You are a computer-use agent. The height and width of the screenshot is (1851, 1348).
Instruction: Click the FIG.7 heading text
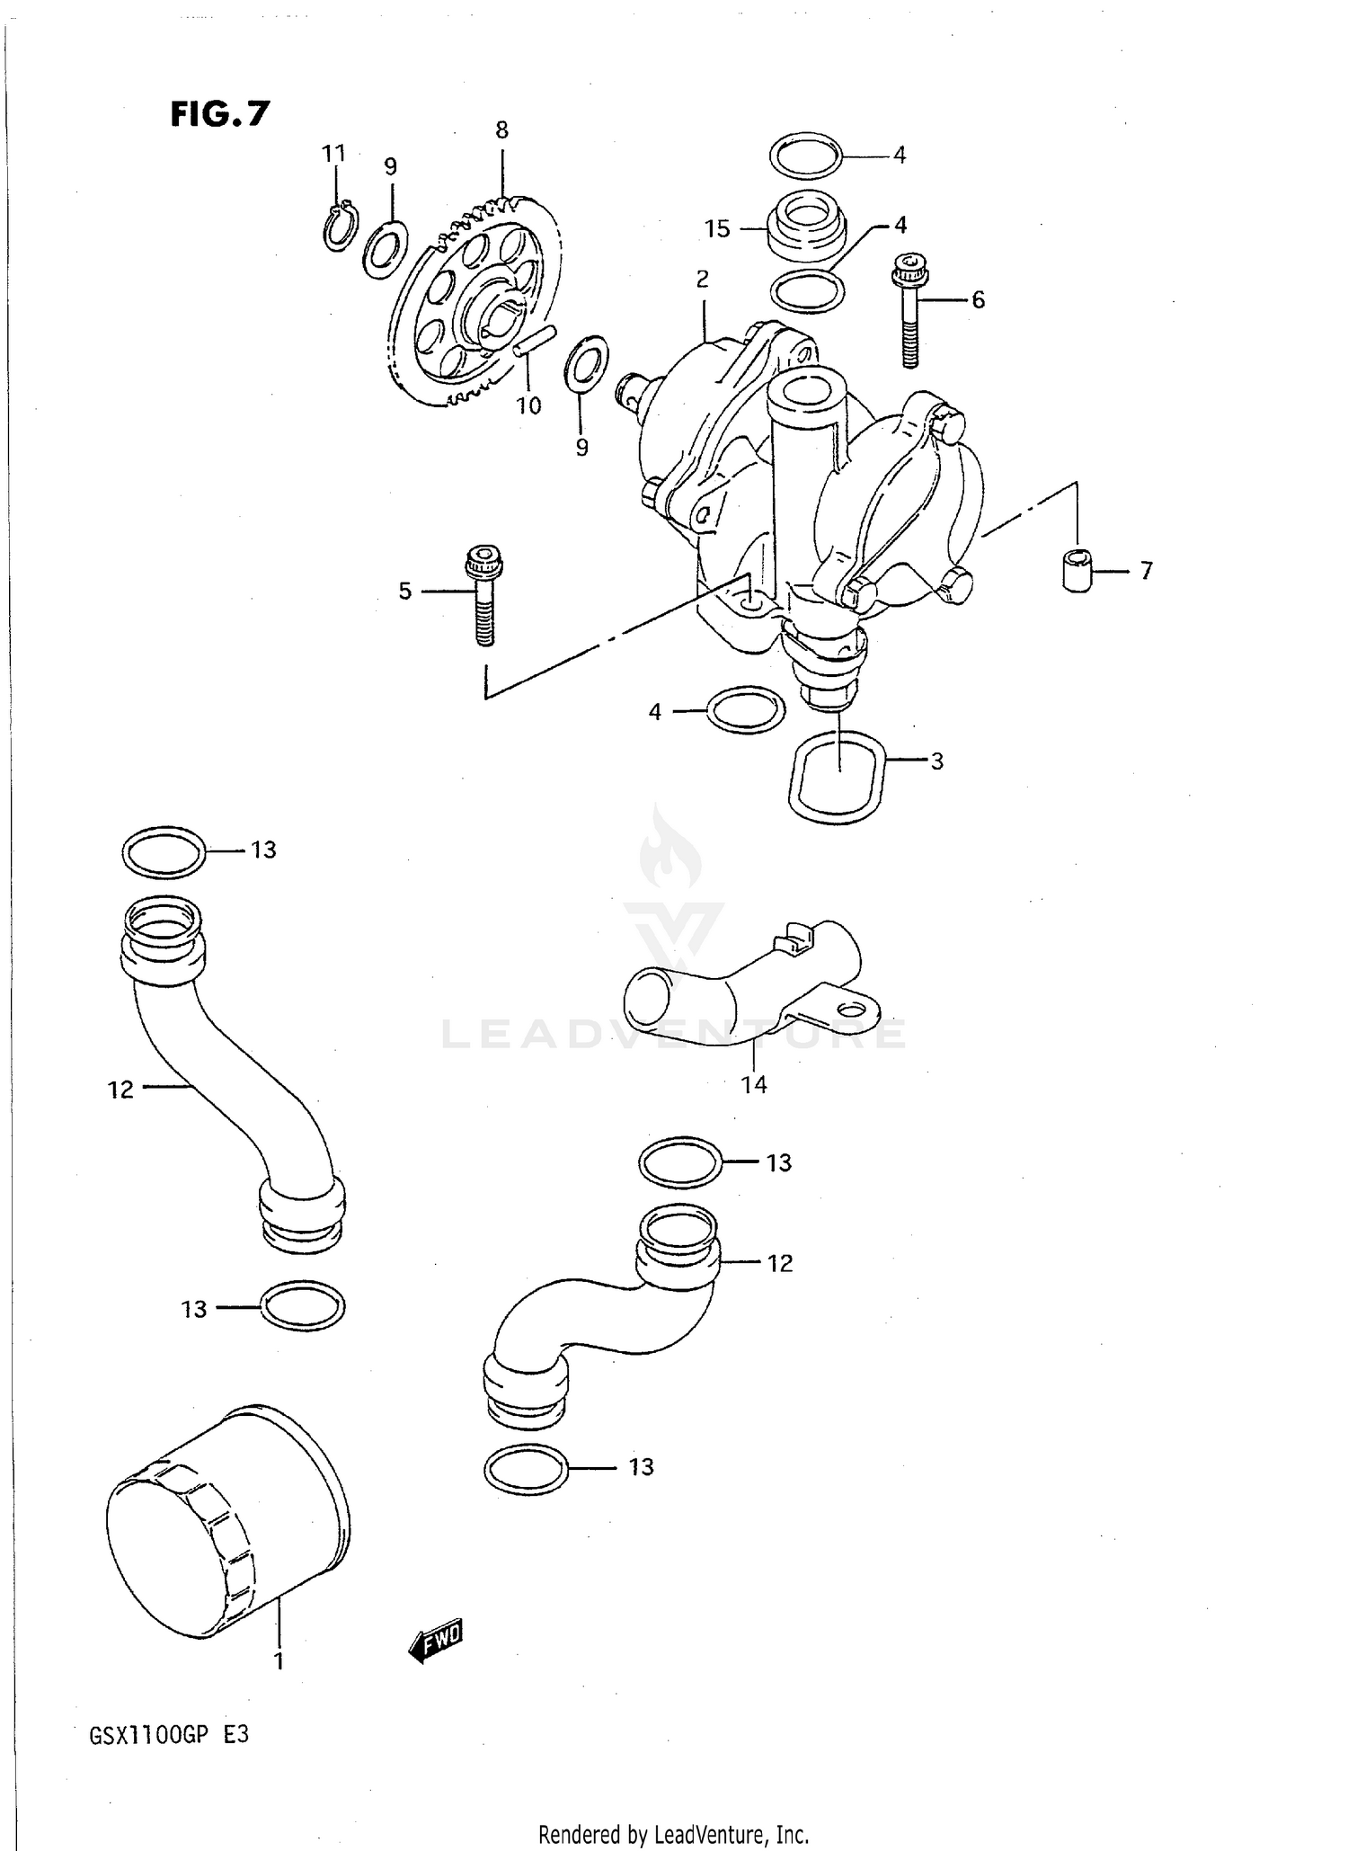220,114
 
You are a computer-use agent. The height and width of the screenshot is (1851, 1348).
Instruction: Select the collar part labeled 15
808,228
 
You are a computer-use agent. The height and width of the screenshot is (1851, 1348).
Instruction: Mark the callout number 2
702,279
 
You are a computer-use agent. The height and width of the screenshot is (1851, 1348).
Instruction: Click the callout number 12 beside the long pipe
120,1090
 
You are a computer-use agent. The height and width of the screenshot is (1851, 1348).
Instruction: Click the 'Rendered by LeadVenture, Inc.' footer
673,1834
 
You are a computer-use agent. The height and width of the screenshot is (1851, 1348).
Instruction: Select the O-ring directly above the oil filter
302,1305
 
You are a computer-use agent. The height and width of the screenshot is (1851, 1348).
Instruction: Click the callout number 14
754,1085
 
